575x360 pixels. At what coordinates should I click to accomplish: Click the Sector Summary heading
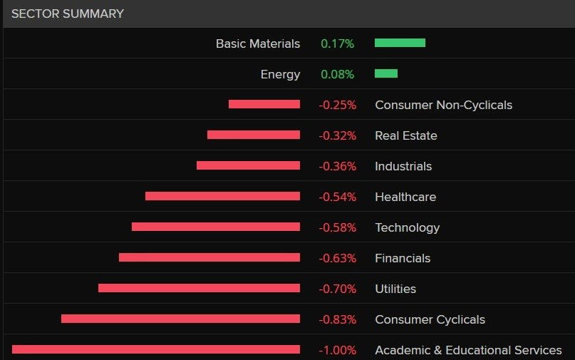[68, 14]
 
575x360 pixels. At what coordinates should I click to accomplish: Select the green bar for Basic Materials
[400, 43]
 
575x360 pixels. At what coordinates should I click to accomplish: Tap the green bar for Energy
[385, 73]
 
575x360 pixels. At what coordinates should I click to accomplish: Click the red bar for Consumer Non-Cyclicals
[264, 104]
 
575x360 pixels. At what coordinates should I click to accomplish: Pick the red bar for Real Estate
[254, 135]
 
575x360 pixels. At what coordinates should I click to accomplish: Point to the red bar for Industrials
[248, 165]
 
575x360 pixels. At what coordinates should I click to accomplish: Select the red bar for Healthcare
[222, 196]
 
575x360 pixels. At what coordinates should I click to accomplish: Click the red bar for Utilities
[199, 288]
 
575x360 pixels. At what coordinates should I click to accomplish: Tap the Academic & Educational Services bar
[156, 349]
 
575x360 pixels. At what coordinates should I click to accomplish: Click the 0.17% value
[337, 43]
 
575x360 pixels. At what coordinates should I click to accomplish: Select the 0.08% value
[337, 74]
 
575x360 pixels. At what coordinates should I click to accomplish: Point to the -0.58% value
[337, 227]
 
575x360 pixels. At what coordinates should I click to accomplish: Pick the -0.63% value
[337, 258]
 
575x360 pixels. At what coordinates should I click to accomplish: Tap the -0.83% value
[337, 319]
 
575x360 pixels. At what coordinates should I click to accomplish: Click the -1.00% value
[337, 350]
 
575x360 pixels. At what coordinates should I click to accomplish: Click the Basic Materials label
[258, 43]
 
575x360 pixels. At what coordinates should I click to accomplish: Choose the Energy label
[281, 74]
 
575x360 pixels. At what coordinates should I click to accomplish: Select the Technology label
[408, 227]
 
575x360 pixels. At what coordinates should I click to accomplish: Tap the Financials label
[403, 258]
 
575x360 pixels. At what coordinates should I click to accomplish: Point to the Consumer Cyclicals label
[430, 319]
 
